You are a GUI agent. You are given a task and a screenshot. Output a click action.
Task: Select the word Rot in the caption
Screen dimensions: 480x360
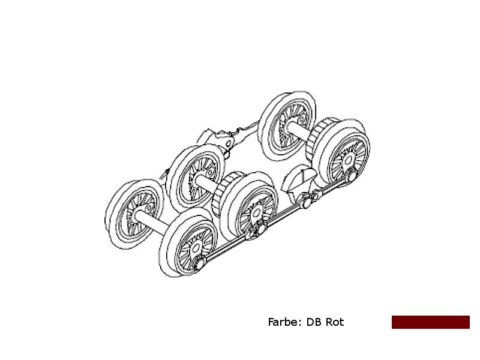point(335,322)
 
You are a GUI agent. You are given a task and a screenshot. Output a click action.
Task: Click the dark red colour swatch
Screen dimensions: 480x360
point(431,322)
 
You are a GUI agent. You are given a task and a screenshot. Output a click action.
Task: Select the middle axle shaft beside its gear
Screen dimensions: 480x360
point(206,184)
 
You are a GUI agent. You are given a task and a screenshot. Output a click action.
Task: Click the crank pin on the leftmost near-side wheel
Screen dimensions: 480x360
point(200,263)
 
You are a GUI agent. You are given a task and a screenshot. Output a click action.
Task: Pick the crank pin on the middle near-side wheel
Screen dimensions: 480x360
point(260,229)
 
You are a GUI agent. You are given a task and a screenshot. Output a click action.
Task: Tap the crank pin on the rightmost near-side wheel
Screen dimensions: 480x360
point(352,176)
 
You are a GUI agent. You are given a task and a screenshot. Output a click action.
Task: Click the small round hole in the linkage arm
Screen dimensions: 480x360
point(229,143)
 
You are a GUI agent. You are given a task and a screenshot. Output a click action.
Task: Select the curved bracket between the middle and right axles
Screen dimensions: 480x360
point(298,181)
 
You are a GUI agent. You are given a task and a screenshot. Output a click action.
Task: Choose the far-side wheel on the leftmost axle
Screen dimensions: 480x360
point(134,214)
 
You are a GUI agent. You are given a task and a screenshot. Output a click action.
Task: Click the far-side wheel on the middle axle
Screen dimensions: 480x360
point(196,178)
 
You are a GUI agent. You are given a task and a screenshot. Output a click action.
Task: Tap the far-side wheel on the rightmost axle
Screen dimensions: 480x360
point(287,126)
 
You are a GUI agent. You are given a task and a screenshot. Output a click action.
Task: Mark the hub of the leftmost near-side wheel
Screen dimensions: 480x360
point(196,248)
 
